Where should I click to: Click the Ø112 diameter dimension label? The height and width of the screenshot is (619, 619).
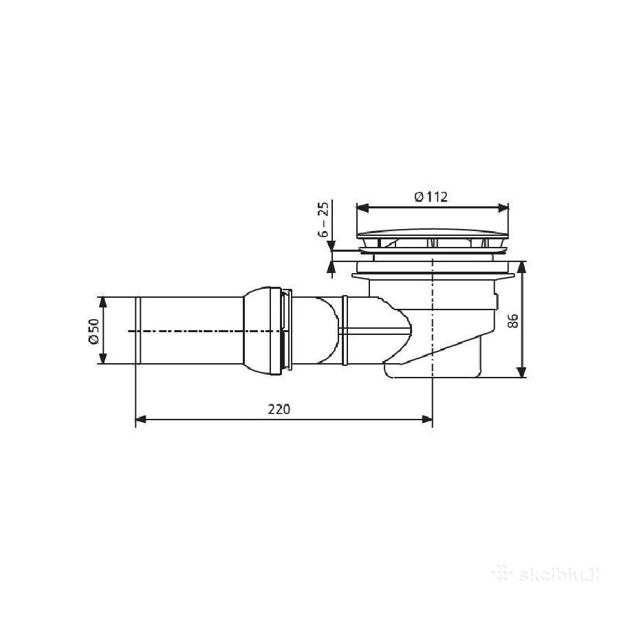(x=431, y=196)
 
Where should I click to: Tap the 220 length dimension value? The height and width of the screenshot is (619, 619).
(x=279, y=409)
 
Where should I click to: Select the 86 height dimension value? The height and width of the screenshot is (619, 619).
(x=512, y=321)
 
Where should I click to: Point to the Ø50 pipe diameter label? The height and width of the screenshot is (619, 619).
(x=94, y=331)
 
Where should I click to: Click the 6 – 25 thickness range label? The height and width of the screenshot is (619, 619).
(x=323, y=219)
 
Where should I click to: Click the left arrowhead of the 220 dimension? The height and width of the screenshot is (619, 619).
(x=141, y=419)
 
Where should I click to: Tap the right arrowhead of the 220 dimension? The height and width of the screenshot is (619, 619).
(x=427, y=419)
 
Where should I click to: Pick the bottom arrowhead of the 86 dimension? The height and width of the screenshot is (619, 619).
(x=521, y=372)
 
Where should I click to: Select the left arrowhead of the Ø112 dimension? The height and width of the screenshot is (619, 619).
(x=362, y=208)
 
